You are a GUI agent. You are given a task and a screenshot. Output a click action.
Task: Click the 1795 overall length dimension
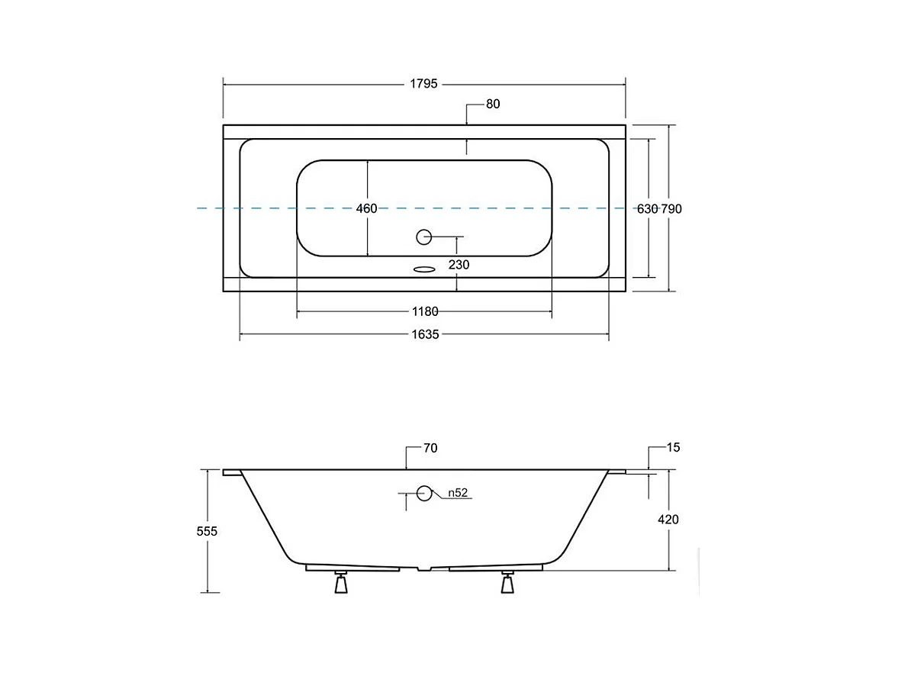click(423, 84)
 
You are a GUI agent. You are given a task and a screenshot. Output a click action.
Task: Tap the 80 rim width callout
click(493, 105)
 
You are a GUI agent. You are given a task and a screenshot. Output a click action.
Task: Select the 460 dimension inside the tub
click(366, 208)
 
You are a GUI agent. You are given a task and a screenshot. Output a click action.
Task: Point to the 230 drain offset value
click(459, 265)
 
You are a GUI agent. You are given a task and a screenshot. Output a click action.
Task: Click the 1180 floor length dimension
click(425, 311)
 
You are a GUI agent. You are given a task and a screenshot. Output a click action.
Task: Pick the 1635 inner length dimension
click(425, 334)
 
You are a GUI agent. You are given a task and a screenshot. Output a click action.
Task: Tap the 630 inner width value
click(648, 209)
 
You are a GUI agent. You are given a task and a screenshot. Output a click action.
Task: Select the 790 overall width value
click(671, 209)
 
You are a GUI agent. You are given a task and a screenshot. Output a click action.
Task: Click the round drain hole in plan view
click(423, 237)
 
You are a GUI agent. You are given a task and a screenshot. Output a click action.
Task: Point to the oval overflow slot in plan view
click(424, 269)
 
